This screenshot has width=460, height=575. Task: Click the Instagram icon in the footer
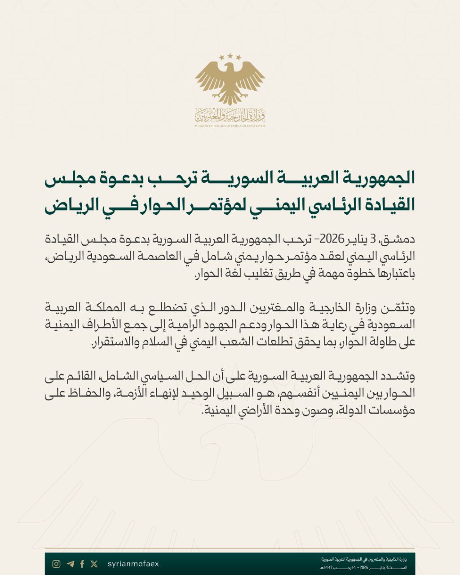click(x=56, y=564)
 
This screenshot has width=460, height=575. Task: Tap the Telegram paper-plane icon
click(x=70, y=564)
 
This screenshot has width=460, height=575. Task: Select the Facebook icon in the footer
click(x=82, y=564)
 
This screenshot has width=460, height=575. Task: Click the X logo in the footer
click(x=94, y=564)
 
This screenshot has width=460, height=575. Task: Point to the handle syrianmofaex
click(x=133, y=564)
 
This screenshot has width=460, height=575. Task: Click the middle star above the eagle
click(x=230, y=56)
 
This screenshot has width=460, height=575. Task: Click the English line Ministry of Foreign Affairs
click(x=230, y=126)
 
